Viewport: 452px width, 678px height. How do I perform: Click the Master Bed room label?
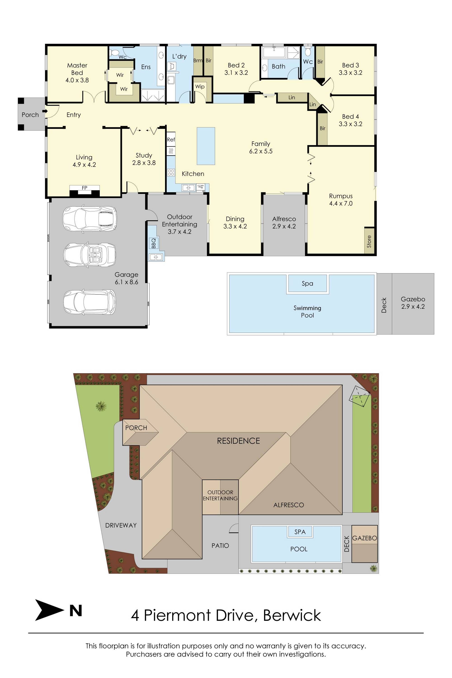(x=77, y=69)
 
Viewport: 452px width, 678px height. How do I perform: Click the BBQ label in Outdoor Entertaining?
(x=153, y=243)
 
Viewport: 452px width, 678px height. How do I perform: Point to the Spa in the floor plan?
(x=308, y=284)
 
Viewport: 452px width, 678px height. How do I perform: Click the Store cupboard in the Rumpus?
(x=369, y=241)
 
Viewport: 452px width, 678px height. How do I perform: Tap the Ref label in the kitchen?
(x=171, y=139)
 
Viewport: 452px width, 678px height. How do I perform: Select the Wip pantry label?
(x=200, y=87)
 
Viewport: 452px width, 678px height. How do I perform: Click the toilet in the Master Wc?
(x=114, y=52)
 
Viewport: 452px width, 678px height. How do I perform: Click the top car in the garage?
(x=90, y=218)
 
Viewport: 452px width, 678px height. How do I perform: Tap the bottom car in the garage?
(x=90, y=302)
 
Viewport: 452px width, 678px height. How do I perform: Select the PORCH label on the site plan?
(x=136, y=428)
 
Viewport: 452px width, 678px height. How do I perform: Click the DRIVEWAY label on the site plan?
(x=121, y=525)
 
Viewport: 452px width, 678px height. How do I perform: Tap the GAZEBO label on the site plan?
(x=364, y=538)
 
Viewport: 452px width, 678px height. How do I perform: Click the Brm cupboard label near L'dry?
(x=198, y=61)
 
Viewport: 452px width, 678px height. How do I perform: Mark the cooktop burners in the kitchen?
(x=171, y=173)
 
